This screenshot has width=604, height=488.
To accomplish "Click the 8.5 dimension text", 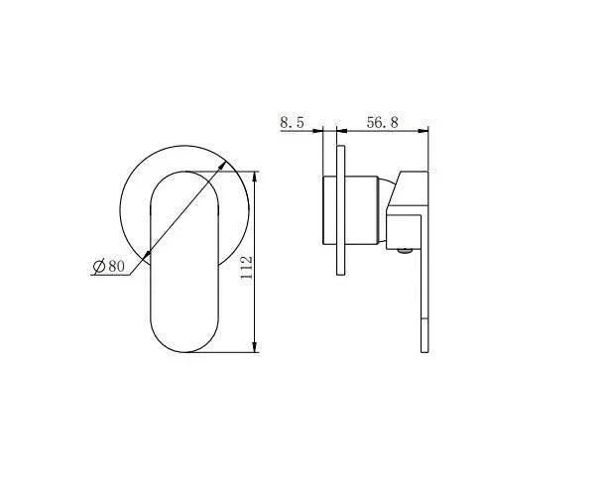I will [x=292, y=122].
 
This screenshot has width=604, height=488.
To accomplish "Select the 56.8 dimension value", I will [x=382, y=122].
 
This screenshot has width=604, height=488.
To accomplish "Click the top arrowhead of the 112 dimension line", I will [x=257, y=177].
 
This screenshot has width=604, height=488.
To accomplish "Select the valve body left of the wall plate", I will [x=329, y=209].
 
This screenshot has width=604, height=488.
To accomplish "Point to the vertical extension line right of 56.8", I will [x=427, y=149].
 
